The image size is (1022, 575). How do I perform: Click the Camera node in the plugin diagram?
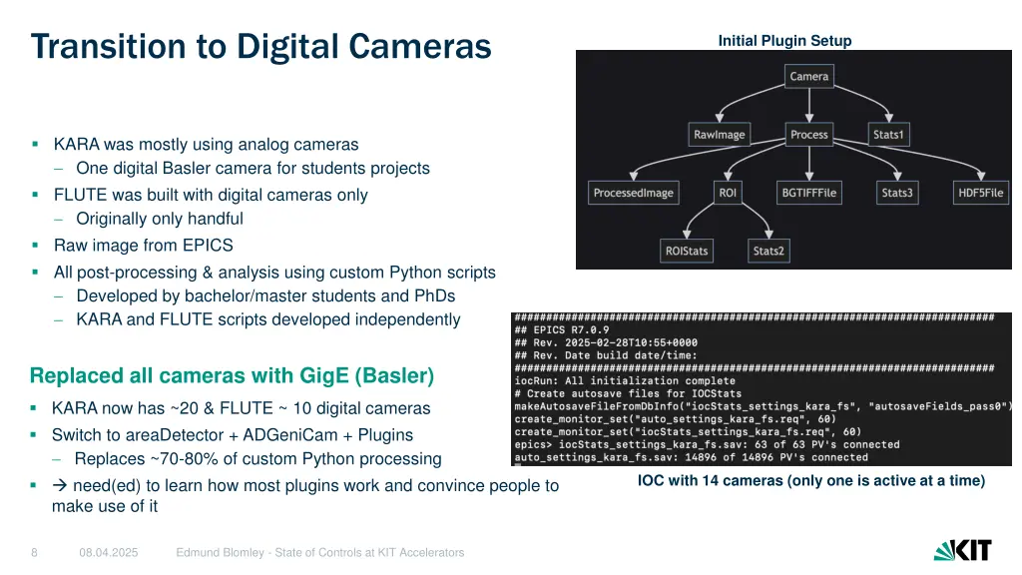tap(808, 77)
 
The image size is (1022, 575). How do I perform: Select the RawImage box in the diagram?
tap(719, 135)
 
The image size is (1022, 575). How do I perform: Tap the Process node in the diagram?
tap(808, 135)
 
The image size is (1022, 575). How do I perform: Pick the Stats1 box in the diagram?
tap(887, 135)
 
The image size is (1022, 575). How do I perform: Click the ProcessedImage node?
tap(634, 193)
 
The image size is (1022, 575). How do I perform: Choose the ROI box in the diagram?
tap(728, 193)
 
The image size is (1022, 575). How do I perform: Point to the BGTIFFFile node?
tap(808, 193)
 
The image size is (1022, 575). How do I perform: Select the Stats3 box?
tap(896, 193)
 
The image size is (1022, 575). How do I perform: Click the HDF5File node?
tap(980, 193)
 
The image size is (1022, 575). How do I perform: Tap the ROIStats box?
tap(687, 251)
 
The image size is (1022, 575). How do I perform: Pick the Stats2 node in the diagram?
tap(767, 251)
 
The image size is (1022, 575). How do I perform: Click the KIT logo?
tap(962, 550)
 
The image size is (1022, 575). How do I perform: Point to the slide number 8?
tap(34, 552)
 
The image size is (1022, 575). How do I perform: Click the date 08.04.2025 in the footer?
tap(109, 552)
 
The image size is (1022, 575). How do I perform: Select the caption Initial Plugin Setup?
tap(784, 41)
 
